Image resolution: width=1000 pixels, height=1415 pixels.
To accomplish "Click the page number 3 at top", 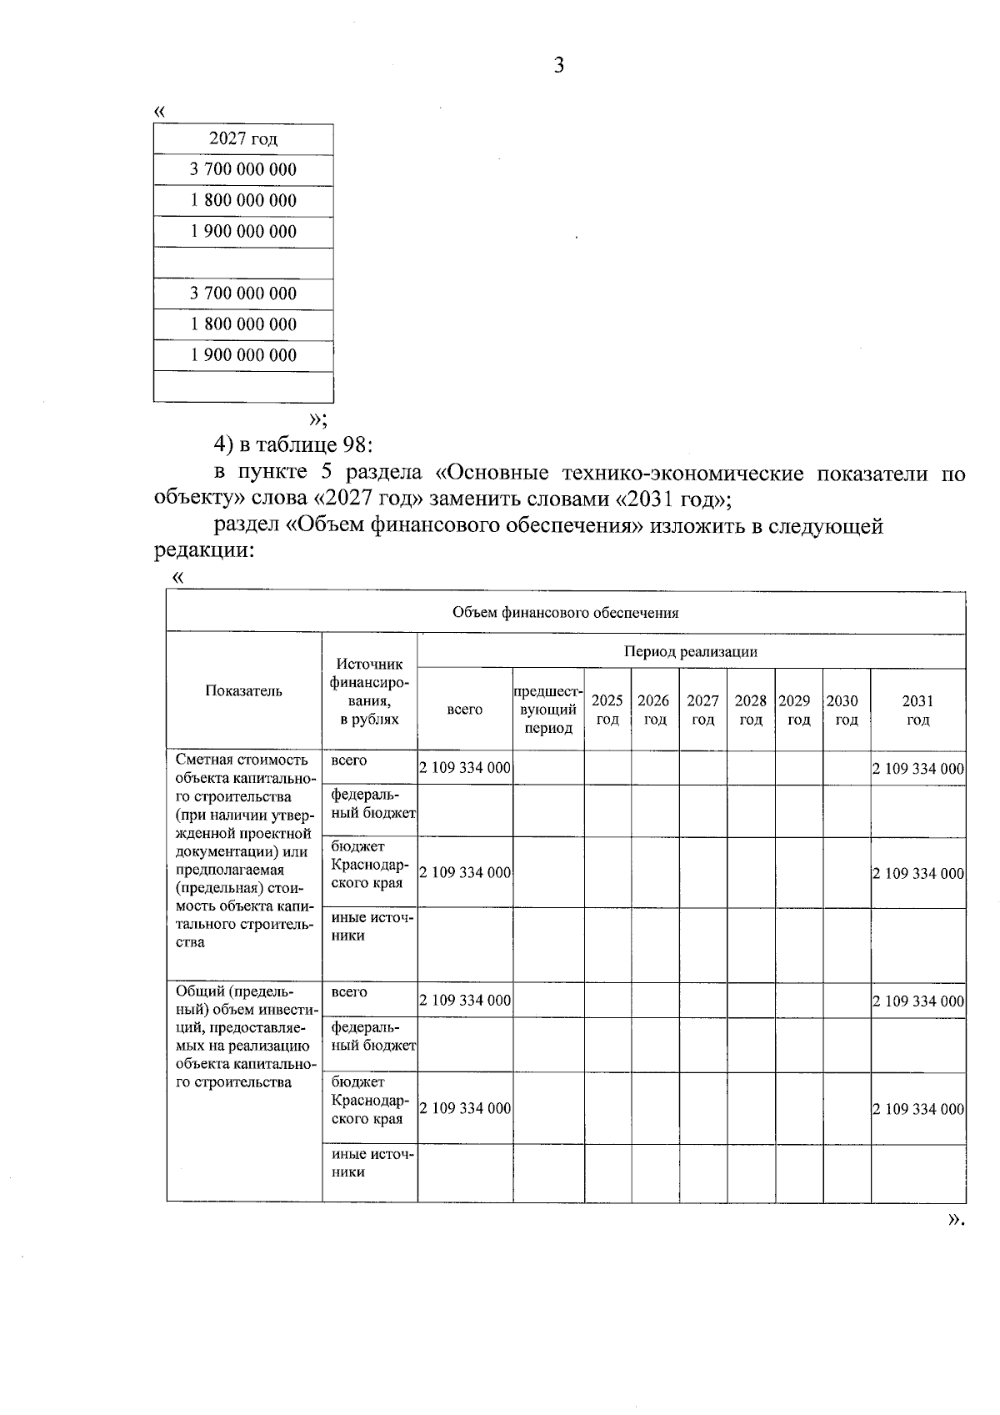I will tap(558, 66).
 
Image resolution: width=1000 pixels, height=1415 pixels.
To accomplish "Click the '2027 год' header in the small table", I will tap(243, 139).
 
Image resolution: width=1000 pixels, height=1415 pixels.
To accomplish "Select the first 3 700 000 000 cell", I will tap(243, 170).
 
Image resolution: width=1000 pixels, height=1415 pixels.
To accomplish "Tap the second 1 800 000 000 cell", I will tap(243, 324).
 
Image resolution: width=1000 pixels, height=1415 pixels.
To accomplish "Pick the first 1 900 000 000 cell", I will tap(243, 232).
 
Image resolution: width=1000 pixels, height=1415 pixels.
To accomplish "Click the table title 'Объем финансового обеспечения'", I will tap(565, 613).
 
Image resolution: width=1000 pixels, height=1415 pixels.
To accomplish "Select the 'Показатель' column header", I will tap(243, 690).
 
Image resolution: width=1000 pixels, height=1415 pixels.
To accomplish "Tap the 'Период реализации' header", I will tap(691, 651).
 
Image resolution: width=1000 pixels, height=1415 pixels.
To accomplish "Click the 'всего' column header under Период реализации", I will tap(464, 710).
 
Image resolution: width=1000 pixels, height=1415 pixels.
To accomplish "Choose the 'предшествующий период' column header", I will tap(548, 710).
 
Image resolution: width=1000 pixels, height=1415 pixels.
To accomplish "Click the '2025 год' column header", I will tap(607, 710).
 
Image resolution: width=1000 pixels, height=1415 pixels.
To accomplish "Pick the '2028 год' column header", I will tap(751, 710).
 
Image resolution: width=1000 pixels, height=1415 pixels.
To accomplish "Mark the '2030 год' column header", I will tap(846, 710).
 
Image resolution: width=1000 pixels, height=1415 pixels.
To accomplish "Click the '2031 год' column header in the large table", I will tap(917, 710).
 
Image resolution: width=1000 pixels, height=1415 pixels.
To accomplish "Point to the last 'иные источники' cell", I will tap(371, 1162).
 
